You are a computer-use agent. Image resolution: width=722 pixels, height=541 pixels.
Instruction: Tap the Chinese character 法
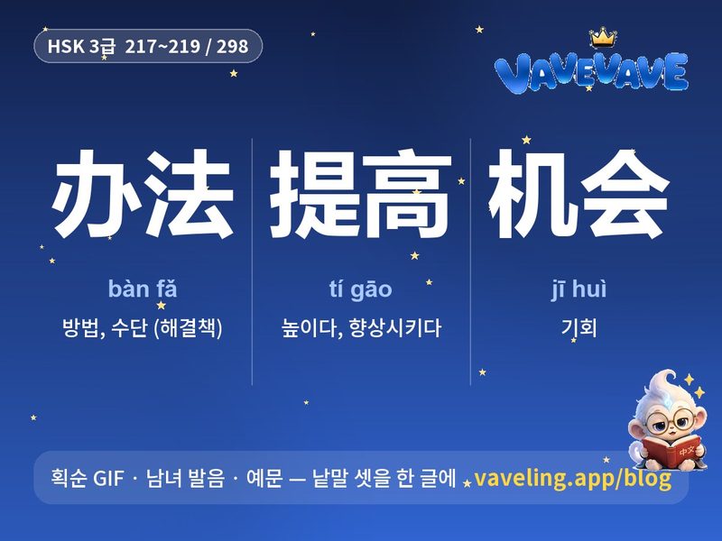coord(189,193)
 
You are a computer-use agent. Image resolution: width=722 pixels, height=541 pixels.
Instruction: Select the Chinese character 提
coord(313,194)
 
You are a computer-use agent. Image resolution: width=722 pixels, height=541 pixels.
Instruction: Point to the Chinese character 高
coord(403,194)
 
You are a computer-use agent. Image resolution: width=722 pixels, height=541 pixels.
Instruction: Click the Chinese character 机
coord(532,194)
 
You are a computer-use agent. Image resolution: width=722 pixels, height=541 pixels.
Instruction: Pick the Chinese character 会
coord(623,194)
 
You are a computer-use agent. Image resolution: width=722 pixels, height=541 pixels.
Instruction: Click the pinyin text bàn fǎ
coord(143,289)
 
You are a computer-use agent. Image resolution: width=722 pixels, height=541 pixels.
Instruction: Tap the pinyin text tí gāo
coord(360,289)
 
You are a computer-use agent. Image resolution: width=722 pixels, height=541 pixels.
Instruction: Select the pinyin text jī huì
coord(579,289)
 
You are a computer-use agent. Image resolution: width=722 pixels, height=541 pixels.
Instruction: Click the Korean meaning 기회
coord(579,327)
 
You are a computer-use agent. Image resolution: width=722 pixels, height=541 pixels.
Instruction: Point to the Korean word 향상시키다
coord(395,327)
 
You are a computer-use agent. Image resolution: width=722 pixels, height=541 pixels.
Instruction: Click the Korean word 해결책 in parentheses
coord(189,327)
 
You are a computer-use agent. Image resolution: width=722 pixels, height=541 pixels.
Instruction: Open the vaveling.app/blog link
coord(572,478)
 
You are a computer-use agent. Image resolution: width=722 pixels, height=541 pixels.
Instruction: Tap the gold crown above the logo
coord(602,37)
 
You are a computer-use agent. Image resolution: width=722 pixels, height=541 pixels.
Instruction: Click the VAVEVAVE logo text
coord(591,72)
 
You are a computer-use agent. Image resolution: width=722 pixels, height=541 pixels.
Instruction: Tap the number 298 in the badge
coord(233,47)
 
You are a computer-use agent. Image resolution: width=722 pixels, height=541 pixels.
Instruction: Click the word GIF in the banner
coord(108,478)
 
